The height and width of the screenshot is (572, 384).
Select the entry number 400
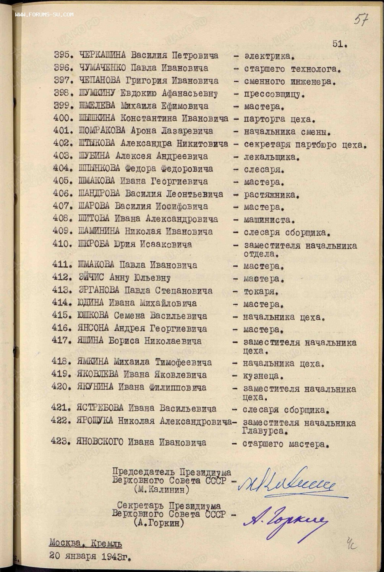(x=62, y=119)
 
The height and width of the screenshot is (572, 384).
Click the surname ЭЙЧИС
(x=91, y=278)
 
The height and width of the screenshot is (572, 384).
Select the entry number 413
(x=61, y=291)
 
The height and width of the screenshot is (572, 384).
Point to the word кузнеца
(x=263, y=376)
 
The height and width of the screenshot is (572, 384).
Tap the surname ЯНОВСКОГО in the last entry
(x=100, y=442)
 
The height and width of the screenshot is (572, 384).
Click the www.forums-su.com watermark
(x=44, y=14)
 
